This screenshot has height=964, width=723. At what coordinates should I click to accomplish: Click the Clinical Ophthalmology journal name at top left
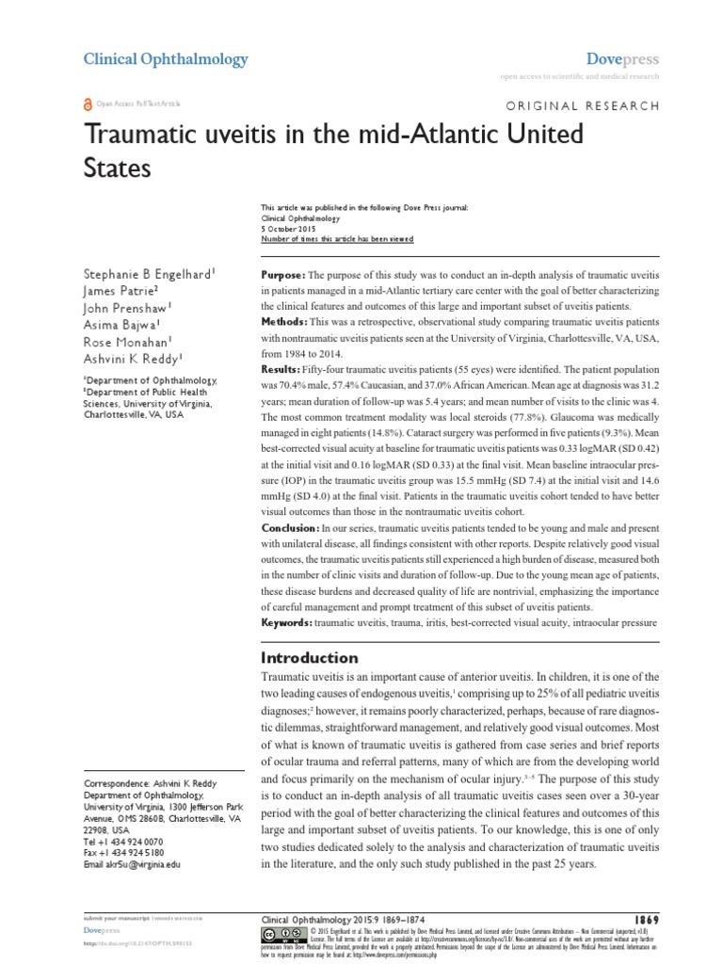point(166,59)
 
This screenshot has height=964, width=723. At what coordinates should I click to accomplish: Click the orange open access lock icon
point(88,106)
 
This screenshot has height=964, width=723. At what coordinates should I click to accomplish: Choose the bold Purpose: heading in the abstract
point(287,273)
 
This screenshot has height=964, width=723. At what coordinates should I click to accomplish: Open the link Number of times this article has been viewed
point(336,239)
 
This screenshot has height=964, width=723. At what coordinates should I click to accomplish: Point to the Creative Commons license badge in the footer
point(281,934)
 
